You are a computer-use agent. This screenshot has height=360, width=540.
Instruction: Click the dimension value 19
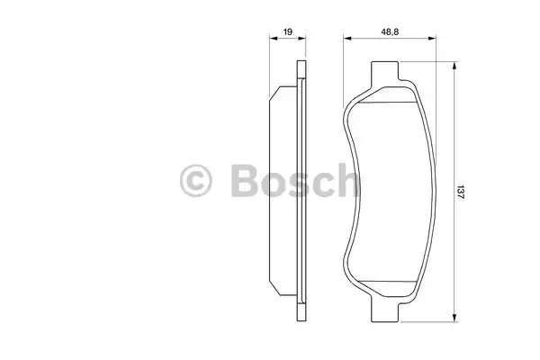(x=288, y=32)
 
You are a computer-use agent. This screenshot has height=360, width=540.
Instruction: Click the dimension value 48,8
(x=390, y=32)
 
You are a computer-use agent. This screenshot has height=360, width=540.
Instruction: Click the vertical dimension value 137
(x=461, y=193)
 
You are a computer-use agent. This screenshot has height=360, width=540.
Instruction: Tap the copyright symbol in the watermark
(x=196, y=181)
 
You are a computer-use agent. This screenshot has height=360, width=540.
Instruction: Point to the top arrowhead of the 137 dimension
(x=454, y=66)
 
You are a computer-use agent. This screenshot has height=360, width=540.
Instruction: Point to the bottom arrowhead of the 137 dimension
(x=454, y=318)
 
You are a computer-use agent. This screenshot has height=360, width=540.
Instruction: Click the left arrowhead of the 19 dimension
(x=274, y=38)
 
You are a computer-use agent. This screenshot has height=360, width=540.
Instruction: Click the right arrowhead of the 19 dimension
(x=301, y=38)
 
